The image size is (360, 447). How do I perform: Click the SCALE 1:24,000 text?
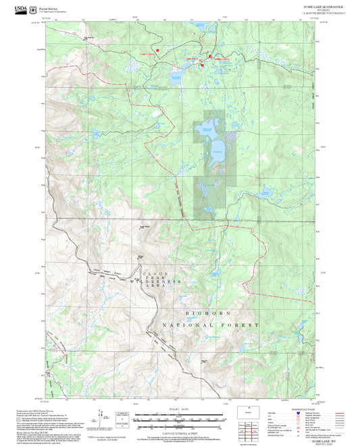click(180, 408)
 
